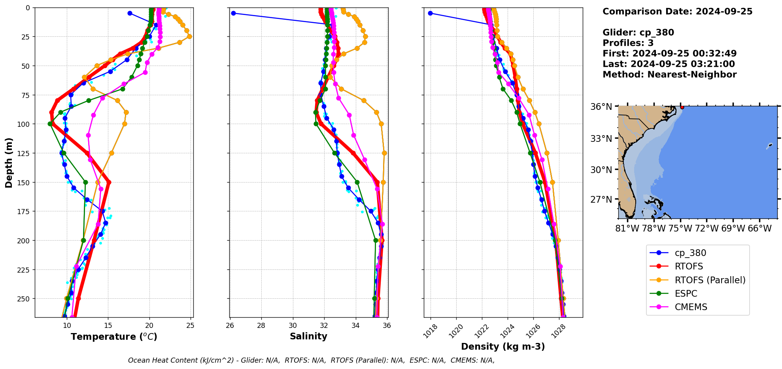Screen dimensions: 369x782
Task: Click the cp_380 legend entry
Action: [690, 253]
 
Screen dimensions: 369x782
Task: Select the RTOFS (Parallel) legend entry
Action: [710, 280]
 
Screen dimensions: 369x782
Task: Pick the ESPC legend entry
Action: [686, 294]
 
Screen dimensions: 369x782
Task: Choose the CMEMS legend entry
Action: [691, 307]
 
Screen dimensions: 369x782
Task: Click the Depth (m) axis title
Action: [9, 162]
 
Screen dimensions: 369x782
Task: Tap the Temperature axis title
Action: [114, 337]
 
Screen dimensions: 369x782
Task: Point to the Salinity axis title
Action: [308, 336]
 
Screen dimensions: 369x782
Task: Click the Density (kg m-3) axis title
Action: [503, 346]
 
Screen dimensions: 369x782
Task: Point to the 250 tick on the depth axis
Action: [25, 299]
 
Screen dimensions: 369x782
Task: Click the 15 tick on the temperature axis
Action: [108, 326]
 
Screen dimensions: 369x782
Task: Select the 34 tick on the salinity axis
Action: [355, 326]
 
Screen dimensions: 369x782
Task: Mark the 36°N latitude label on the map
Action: [601, 107]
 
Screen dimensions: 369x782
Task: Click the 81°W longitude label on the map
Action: [627, 229]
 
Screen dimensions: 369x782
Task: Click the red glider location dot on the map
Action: [682, 107]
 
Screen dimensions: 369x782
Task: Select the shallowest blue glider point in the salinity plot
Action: [233, 13]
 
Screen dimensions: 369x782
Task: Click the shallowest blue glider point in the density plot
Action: [430, 13]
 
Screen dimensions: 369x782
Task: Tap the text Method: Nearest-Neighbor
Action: [669, 75]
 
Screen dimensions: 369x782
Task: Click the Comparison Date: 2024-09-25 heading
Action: [677, 11]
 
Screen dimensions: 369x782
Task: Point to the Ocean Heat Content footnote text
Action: [311, 360]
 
